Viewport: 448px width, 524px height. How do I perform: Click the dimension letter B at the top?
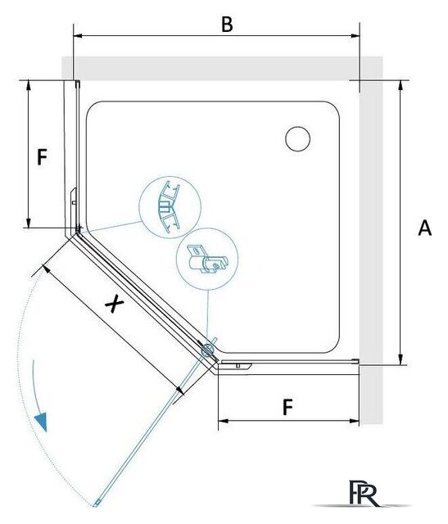click(227, 25)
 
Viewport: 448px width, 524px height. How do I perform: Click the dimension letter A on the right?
click(424, 228)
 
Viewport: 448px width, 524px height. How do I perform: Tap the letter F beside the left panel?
click(42, 157)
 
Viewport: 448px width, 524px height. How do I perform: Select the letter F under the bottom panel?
click(287, 407)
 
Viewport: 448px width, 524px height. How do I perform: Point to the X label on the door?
click(115, 304)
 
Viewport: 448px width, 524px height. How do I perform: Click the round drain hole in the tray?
click(297, 138)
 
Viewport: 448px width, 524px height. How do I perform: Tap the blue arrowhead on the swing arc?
click(42, 422)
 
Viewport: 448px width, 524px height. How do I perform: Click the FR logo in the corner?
click(363, 493)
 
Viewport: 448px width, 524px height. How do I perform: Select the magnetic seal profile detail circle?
click(170, 207)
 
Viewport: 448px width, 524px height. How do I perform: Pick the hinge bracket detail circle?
click(207, 259)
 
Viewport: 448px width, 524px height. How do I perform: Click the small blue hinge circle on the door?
click(207, 350)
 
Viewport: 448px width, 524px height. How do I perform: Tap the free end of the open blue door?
click(96, 503)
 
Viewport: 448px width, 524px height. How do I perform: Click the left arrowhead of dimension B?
click(78, 35)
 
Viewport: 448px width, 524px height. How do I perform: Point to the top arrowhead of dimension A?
click(400, 85)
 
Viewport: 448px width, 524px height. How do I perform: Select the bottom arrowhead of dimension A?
click(400, 360)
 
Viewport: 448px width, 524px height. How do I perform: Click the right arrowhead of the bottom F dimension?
click(355, 421)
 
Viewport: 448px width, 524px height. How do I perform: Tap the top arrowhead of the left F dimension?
click(29, 85)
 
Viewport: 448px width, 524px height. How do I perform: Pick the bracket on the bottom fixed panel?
click(237, 365)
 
